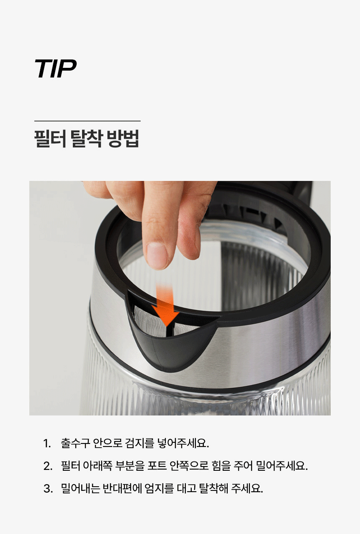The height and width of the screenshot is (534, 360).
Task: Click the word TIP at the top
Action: (x=56, y=69)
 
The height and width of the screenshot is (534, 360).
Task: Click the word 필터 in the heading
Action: (x=50, y=139)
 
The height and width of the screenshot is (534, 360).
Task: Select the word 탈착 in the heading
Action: (x=87, y=139)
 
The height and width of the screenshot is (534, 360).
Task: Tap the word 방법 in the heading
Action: (x=123, y=139)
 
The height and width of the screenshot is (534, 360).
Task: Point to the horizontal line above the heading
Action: (x=87, y=121)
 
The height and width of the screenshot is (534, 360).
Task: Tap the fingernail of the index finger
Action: (x=157, y=256)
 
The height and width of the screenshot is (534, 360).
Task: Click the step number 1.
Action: (x=47, y=444)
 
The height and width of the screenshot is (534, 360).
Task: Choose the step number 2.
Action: (x=48, y=466)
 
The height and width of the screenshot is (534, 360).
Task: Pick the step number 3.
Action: (x=48, y=488)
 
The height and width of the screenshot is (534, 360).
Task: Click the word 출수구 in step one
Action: (x=75, y=444)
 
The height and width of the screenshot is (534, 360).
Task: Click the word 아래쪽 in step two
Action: (x=98, y=466)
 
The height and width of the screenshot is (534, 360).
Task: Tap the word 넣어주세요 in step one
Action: (x=183, y=444)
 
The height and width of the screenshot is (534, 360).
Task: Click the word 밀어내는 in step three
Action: (x=80, y=488)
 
